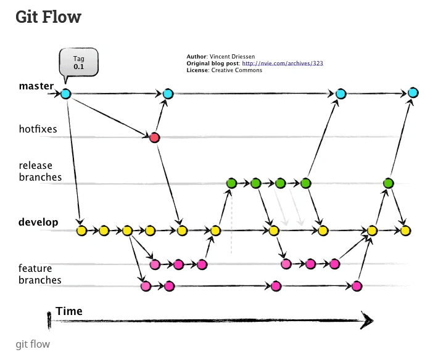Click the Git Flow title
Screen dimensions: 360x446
(x=48, y=17)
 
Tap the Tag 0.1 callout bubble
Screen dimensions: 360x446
(x=78, y=62)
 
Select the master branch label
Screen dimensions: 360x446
(x=36, y=86)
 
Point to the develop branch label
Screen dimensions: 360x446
(x=38, y=222)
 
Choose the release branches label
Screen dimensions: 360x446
(x=40, y=171)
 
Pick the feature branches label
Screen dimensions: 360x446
(x=40, y=274)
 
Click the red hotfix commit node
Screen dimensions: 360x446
(x=154, y=137)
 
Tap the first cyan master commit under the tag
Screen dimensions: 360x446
(x=66, y=94)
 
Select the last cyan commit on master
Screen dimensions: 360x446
(x=413, y=94)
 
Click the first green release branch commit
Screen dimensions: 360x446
(x=231, y=183)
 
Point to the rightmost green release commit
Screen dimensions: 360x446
(x=388, y=183)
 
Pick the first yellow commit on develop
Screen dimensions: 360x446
(x=81, y=231)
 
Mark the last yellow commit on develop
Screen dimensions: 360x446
(x=405, y=231)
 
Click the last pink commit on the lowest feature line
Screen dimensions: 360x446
(x=357, y=286)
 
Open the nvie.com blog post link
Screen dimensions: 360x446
(x=283, y=63)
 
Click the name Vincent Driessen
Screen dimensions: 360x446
(x=231, y=57)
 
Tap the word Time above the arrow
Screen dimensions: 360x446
(x=69, y=311)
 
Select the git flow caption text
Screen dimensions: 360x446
(x=33, y=344)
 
